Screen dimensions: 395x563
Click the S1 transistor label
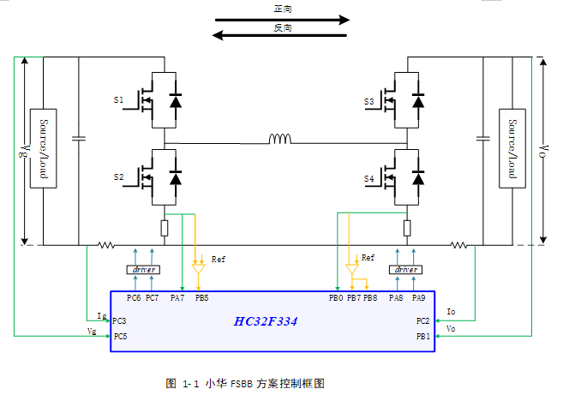(118, 101)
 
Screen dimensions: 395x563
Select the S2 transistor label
(118, 177)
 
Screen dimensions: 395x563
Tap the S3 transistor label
(368, 102)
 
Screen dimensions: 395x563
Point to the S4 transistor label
(368, 178)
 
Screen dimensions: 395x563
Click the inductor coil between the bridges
(280, 139)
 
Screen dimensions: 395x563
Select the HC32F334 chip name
(267, 321)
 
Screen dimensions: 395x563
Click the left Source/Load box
(43, 147)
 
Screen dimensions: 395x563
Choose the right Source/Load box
(512, 147)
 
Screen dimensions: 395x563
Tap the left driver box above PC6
(142, 270)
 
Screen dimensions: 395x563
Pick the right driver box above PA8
(406, 270)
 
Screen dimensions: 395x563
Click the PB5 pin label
(201, 298)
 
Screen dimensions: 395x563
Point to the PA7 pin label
(177, 298)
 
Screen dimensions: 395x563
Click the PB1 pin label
(422, 337)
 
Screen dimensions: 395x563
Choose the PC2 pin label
(422, 320)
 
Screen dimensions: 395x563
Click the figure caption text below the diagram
(245, 383)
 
